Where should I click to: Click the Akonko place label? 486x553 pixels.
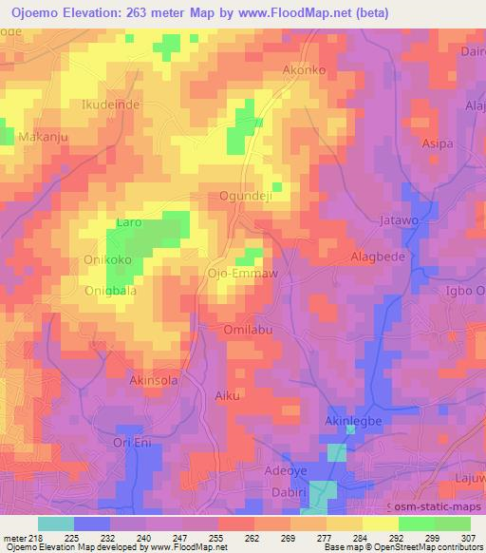(304, 70)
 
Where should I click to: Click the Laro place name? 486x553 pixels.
(128, 223)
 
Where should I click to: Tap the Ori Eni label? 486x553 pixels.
(133, 444)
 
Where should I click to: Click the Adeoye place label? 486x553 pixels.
(288, 470)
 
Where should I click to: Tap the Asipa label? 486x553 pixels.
(437, 144)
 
